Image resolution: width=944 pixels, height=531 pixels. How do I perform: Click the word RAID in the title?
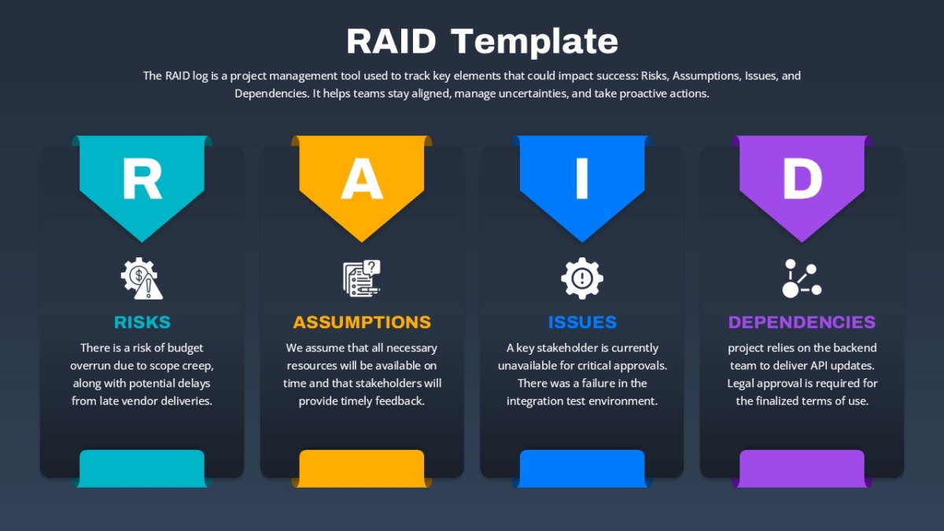391,41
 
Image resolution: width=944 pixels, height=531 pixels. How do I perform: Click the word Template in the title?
534,42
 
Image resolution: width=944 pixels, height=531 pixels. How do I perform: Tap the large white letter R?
142,179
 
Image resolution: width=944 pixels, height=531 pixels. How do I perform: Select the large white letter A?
362,179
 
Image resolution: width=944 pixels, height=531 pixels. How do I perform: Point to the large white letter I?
582,179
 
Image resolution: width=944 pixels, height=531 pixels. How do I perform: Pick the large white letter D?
802,179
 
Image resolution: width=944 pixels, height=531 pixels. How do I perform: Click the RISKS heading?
142,323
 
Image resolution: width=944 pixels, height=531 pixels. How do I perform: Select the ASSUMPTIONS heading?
362,323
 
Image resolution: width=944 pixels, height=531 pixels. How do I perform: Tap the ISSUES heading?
582,323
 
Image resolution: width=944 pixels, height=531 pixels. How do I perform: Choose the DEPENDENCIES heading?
802,323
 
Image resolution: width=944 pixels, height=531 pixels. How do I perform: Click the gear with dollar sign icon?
142,278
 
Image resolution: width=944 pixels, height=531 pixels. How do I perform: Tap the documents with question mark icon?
362,278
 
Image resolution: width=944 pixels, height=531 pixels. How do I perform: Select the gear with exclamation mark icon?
582,278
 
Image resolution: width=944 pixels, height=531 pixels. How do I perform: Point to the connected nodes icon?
802,278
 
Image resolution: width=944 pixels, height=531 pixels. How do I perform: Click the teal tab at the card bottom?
142,469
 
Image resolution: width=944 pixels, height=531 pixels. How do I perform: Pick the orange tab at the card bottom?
362,469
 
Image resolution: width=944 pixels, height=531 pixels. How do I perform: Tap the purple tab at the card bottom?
802,469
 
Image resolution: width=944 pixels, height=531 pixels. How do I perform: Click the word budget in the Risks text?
185,348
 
